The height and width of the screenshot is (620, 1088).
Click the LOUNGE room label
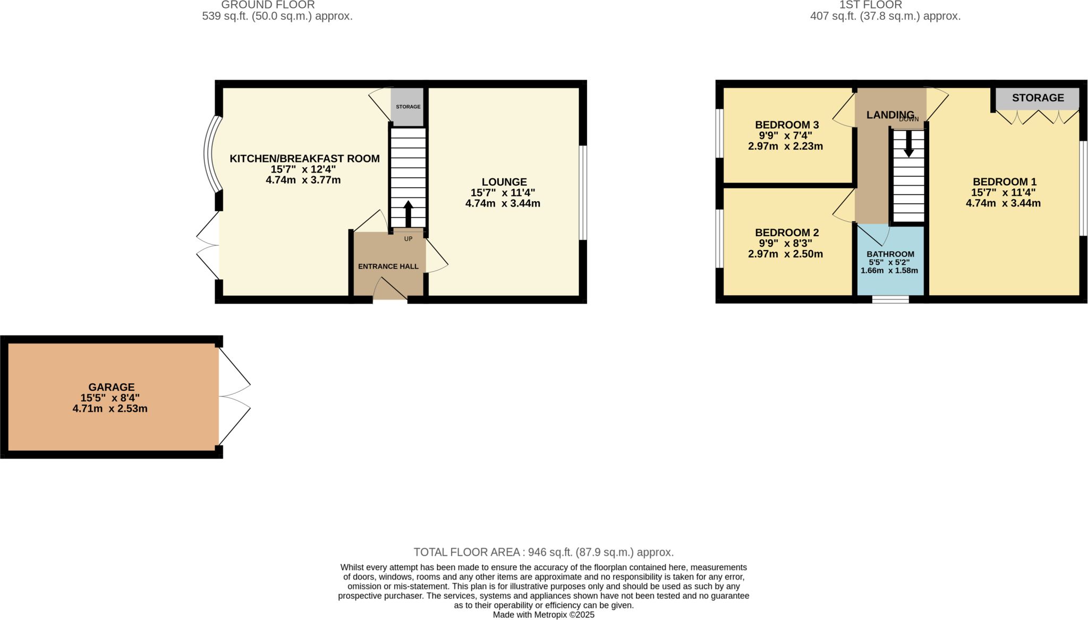pos(504,182)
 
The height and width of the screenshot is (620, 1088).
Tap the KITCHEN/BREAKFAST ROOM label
pos(304,159)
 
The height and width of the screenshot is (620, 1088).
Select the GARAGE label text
pos(112,387)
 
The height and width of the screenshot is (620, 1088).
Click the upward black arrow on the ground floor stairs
pos(408,214)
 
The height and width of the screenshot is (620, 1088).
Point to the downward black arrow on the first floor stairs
pos(908,144)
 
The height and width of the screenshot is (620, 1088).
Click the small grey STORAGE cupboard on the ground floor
pos(408,107)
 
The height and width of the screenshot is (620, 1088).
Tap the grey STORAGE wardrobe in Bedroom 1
pos(1038,98)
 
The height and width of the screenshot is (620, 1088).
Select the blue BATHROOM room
pos(890,260)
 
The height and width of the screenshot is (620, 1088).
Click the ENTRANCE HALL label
pos(388,266)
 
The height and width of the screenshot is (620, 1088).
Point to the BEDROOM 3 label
pos(787,125)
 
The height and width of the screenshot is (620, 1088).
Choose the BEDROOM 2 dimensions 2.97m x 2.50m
pos(785,254)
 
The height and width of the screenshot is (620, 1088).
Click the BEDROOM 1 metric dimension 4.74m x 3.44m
pos(1003,203)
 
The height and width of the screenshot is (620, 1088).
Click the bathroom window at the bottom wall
pos(890,299)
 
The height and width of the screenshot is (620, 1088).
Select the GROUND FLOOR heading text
pos(268,5)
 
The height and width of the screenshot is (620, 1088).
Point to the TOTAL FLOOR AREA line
pos(543,552)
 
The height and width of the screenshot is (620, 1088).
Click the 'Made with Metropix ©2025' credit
pos(543,615)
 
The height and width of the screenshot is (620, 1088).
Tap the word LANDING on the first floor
pos(890,115)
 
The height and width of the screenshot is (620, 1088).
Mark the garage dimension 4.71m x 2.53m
pos(110,409)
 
